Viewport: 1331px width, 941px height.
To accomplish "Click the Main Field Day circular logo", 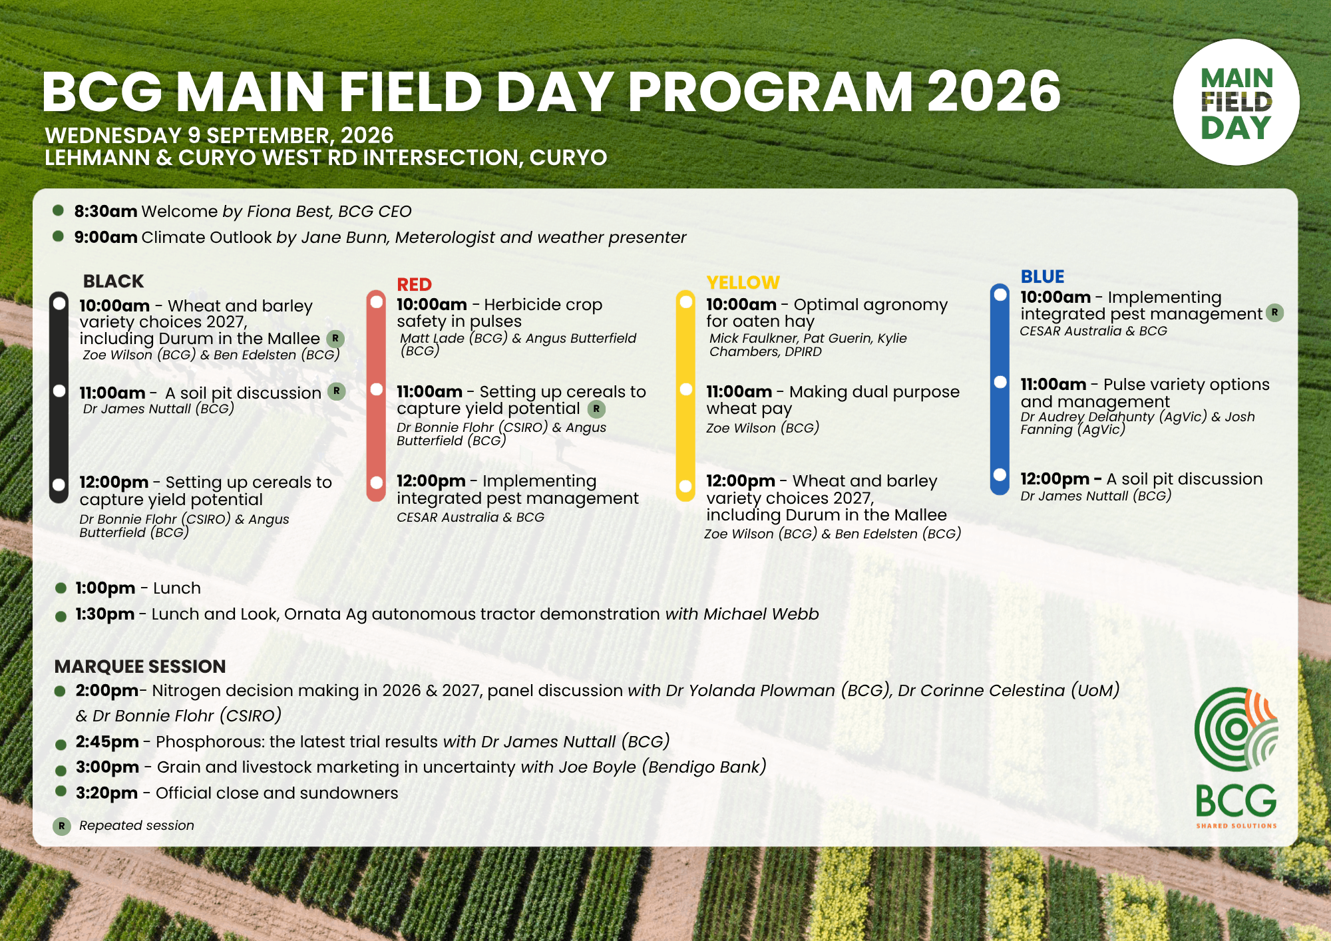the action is point(1236,102).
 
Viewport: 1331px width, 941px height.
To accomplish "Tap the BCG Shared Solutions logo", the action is point(1236,758).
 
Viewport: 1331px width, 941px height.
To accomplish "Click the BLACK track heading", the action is point(113,282).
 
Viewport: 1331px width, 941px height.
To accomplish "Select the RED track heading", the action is point(414,285).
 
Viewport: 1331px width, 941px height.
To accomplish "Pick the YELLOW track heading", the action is point(743,283).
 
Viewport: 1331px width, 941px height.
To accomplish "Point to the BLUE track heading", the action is point(1042,277).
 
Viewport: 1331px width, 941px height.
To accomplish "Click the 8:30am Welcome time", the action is point(106,212).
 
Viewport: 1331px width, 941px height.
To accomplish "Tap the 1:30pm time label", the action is point(105,614).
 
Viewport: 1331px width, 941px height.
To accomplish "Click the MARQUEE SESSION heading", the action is point(140,666).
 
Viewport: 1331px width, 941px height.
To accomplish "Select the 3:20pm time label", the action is point(106,793).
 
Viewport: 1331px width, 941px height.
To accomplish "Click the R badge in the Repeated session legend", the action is point(62,827).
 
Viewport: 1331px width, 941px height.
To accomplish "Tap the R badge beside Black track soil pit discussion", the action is point(337,391).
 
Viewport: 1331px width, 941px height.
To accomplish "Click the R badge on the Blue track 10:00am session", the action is point(1274,313).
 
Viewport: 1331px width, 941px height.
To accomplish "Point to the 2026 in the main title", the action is point(994,91).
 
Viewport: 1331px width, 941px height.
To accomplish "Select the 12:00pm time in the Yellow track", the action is point(741,481).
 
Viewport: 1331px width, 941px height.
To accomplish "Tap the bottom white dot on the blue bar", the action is point(1000,474).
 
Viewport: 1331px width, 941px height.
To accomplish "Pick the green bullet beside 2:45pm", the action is point(61,745).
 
